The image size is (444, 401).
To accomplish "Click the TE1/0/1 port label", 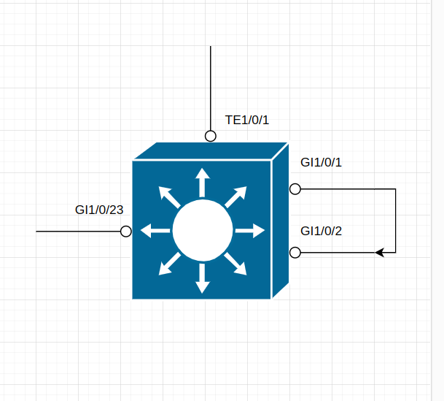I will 247,120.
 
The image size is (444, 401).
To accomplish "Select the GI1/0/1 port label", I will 322,162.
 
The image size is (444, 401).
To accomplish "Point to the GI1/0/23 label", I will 99,210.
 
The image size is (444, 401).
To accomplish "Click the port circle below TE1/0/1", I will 211,136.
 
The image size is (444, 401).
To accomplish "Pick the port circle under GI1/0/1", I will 295,189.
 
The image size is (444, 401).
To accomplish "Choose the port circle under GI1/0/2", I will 295,253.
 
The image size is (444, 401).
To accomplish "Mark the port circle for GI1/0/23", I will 126,232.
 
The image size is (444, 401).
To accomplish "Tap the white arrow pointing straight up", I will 203,182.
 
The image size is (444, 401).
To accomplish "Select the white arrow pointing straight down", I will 203,278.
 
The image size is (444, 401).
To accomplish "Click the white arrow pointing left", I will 155,231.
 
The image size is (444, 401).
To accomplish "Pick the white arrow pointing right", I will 251,231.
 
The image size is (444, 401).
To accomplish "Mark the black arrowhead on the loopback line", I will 380,253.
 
